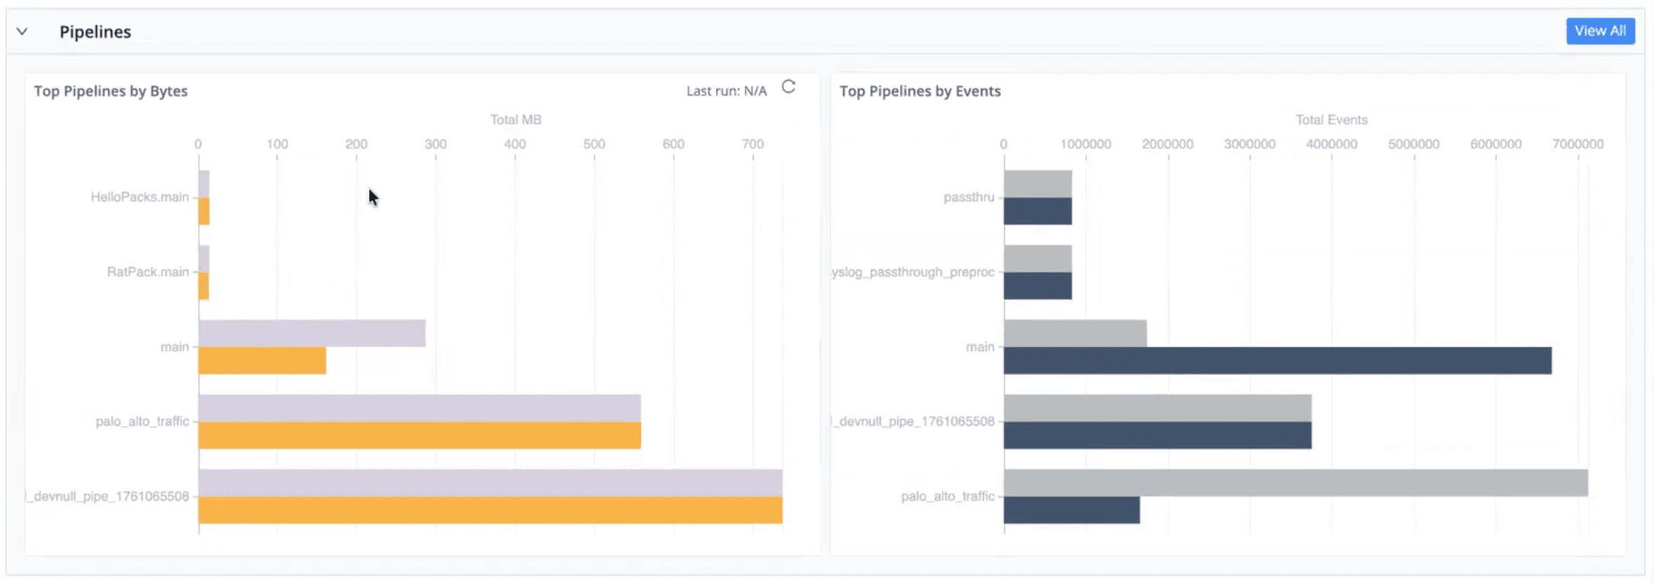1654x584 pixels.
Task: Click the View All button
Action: click(1600, 31)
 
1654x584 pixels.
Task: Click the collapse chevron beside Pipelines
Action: click(22, 32)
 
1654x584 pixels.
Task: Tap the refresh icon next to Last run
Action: click(789, 87)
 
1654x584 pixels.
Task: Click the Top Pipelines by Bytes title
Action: click(111, 91)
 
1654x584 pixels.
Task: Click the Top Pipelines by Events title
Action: click(920, 91)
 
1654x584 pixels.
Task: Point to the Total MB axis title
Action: click(515, 120)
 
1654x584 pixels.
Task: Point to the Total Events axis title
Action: click(1331, 120)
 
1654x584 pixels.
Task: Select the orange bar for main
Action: click(262, 361)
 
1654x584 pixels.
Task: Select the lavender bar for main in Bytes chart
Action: click(312, 334)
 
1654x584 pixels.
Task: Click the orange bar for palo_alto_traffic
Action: click(419, 436)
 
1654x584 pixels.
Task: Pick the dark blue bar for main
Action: click(1277, 361)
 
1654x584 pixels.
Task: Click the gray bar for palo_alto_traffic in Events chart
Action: click(1296, 483)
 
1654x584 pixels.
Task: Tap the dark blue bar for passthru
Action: click(1037, 212)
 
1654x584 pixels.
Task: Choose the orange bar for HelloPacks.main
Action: click(204, 212)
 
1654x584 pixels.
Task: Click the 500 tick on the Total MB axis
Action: click(594, 144)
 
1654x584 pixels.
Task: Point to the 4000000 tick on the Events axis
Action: click(1331, 144)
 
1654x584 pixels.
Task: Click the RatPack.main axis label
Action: click(148, 272)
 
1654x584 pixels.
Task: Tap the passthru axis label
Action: click(969, 197)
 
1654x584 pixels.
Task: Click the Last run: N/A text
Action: click(726, 91)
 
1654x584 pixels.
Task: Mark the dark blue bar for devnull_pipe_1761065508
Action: click(1157, 436)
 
